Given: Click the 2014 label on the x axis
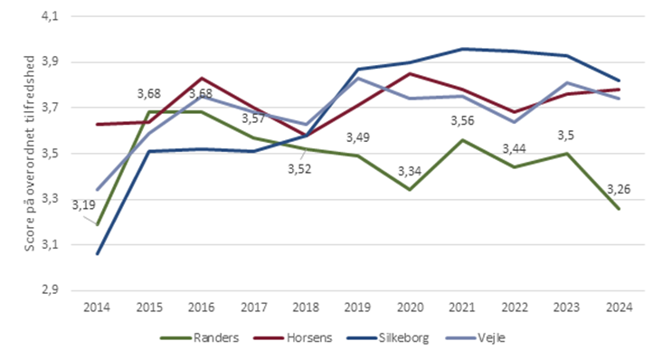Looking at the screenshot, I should tap(97, 307).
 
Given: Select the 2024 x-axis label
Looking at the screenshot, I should tap(618, 307).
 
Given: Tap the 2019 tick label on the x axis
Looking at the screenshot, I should tap(357, 307).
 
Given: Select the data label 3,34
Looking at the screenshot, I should tap(410, 171).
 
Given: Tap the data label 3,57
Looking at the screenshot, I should tap(254, 118).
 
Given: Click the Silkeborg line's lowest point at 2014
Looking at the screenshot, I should tap(97, 254).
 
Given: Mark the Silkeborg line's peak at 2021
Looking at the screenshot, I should tap(461, 49).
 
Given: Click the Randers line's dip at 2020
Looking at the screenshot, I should tap(410, 190).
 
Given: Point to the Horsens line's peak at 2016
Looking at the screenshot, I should tap(201, 78).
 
